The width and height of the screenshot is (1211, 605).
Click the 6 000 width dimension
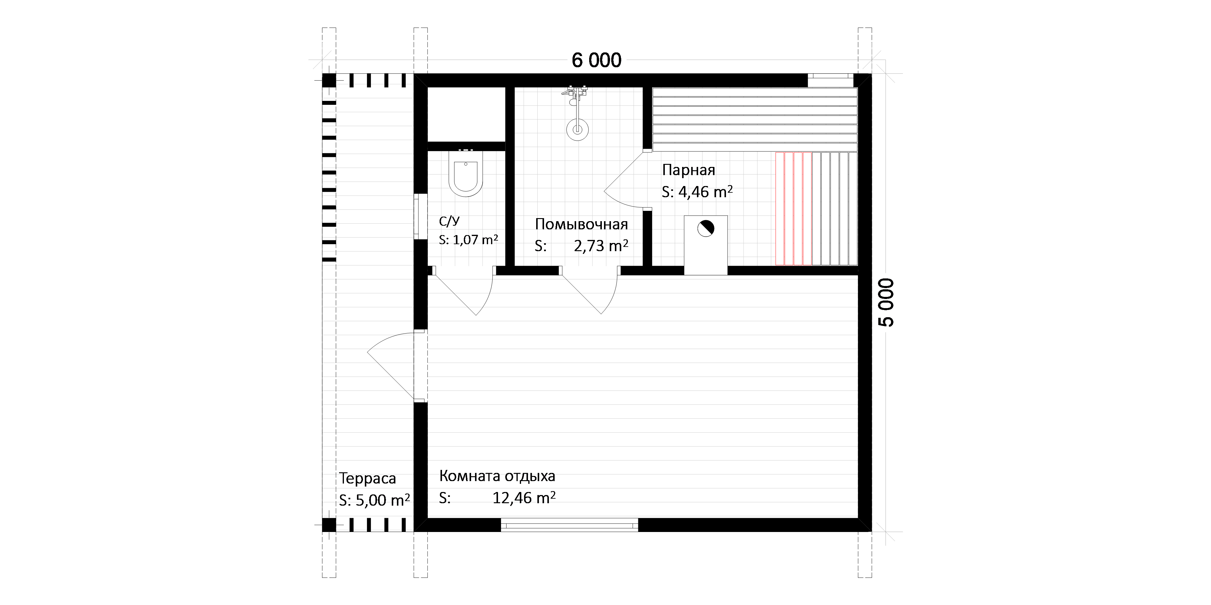coord(596,60)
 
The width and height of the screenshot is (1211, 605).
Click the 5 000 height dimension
coord(886,302)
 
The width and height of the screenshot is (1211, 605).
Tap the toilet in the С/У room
coord(466,173)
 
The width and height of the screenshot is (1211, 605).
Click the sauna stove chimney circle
coord(706,229)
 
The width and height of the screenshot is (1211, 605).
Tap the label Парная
coord(688,170)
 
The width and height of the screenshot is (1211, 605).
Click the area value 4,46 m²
coord(705,191)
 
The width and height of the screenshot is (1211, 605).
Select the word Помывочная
coord(582,224)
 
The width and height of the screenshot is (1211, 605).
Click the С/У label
coord(449,221)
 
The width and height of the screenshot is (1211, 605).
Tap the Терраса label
coord(368,478)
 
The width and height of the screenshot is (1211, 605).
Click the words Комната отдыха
coord(497,476)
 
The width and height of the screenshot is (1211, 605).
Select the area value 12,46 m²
coord(524,498)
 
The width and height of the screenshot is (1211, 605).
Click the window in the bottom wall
coord(569,524)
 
